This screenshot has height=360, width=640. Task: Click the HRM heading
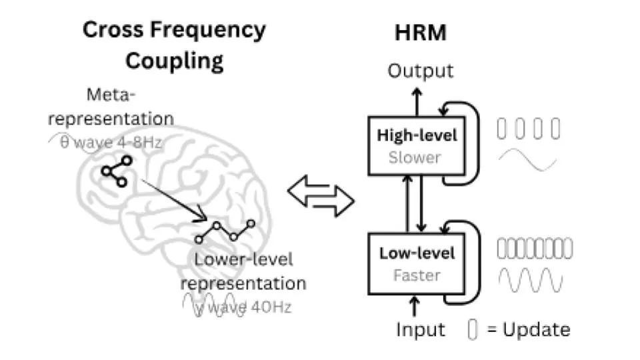click(x=421, y=33)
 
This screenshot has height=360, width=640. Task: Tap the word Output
click(x=421, y=71)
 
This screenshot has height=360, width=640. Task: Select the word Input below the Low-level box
click(x=421, y=329)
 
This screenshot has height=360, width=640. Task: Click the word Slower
click(x=415, y=157)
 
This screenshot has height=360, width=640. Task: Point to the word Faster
click(x=417, y=275)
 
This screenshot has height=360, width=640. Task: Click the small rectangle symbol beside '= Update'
click(x=472, y=329)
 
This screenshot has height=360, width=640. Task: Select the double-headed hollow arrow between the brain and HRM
click(x=321, y=196)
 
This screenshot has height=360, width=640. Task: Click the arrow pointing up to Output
click(x=417, y=102)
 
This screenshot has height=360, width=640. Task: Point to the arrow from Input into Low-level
click(x=414, y=306)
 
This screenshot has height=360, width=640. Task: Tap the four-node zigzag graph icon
click(x=225, y=231)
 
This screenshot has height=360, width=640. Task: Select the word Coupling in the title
click(x=174, y=61)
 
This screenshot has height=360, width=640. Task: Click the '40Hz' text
click(x=271, y=307)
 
